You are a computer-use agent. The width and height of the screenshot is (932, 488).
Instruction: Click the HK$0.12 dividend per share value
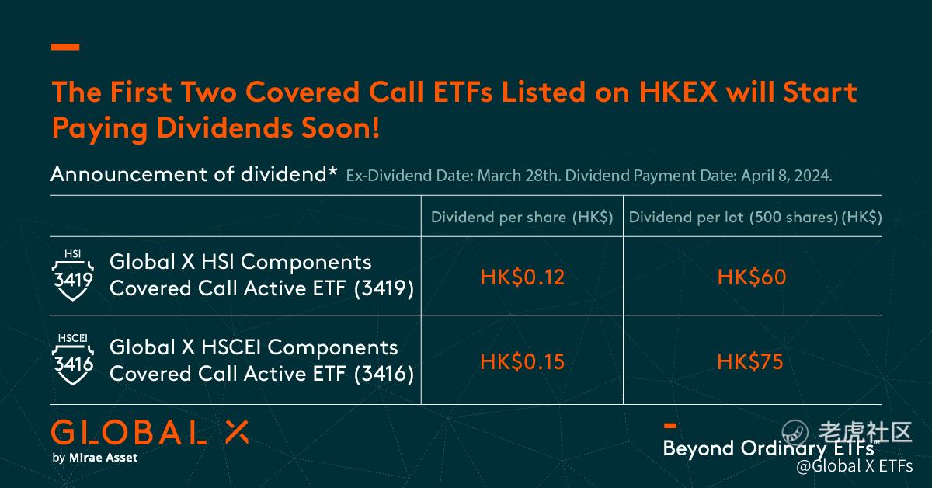522,277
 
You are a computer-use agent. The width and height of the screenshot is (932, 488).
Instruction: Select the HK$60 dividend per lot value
752,277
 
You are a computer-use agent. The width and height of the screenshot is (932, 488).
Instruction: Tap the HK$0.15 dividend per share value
522,362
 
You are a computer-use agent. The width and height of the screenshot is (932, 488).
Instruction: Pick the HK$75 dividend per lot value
749,362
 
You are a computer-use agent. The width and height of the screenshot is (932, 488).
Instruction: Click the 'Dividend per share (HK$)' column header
522,218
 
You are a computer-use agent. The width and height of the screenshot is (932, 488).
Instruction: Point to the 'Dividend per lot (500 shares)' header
733,218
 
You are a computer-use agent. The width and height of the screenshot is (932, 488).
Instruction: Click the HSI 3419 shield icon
73,275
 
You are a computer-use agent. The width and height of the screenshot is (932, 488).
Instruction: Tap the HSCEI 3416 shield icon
73,359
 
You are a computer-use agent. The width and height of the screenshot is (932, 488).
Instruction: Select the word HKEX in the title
678,92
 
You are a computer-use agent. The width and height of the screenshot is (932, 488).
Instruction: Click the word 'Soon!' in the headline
340,128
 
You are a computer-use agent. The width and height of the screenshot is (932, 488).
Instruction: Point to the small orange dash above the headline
65,47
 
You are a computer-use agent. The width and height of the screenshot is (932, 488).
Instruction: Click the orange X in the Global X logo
237,432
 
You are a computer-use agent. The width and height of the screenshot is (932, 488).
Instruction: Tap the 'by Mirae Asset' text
95,458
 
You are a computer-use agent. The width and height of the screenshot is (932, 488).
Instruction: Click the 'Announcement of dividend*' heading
193,174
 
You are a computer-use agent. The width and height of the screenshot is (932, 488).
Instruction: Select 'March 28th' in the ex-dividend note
517,176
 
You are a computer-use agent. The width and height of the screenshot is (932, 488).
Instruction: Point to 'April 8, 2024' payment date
786,176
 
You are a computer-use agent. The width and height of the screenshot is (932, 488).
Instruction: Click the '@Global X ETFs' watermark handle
854,466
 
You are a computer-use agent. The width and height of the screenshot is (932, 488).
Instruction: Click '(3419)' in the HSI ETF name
384,288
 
